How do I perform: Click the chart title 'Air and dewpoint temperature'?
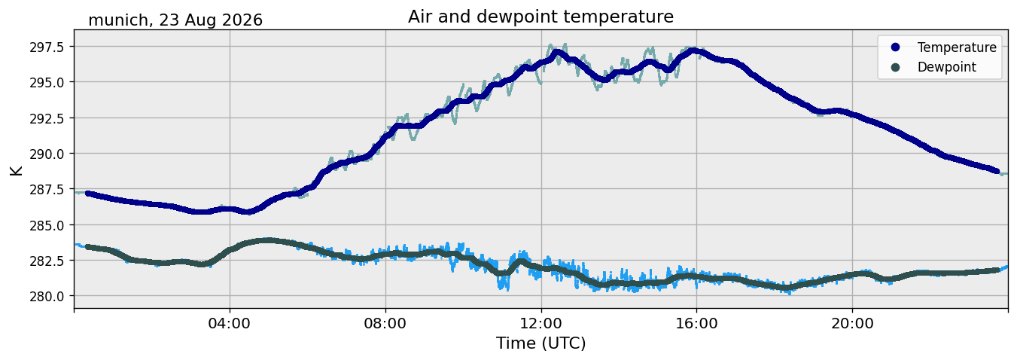coord(540,17)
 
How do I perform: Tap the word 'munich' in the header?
coord(118,20)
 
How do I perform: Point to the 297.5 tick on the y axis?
coord(47,47)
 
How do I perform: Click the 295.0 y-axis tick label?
coord(47,82)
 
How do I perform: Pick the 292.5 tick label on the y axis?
coord(47,118)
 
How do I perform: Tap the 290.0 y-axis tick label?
coord(47,154)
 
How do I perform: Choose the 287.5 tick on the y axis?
coord(47,189)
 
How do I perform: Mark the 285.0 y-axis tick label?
coord(47,224)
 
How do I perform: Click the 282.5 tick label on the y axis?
coord(47,261)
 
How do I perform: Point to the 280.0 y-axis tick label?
coord(47,296)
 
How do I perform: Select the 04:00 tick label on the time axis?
coord(230,323)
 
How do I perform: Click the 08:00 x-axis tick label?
coord(385,323)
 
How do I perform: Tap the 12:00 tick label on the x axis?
coord(541,323)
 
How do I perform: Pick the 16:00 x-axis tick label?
coord(696,323)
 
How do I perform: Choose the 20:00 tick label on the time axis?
coord(852,323)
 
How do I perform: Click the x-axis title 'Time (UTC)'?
coord(540,343)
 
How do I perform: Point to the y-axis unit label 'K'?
coord(17,170)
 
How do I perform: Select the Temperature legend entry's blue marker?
coord(895,47)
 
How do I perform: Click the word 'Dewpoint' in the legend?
coord(947,67)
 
